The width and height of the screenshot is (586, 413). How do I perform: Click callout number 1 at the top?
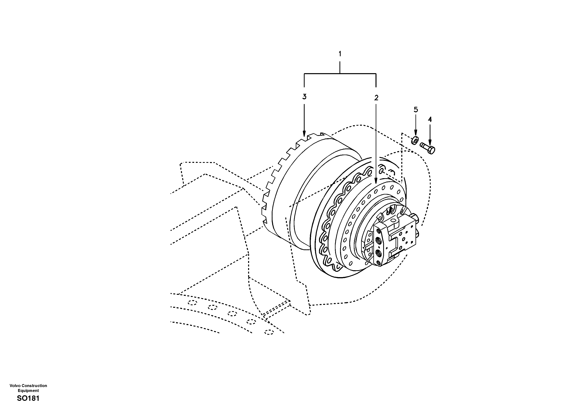coord(340,54)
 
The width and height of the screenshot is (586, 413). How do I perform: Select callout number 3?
coord(304,97)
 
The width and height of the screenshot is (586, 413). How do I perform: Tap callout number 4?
coord(430,119)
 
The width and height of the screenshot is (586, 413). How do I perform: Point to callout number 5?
coord(416,110)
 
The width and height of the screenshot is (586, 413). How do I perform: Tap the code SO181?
coord(28,398)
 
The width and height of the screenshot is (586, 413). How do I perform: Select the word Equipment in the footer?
coord(28,391)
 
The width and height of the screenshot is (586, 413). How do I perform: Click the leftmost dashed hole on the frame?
coord(192,303)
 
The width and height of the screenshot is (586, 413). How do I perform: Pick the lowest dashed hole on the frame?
coord(269,332)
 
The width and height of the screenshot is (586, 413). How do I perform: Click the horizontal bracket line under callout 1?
coord(340,74)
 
